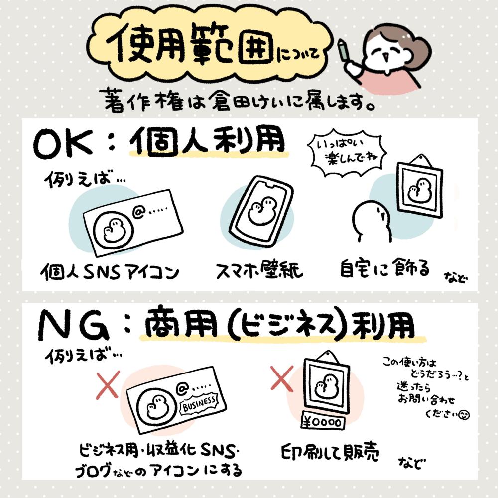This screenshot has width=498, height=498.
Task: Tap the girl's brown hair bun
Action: coord(419,51)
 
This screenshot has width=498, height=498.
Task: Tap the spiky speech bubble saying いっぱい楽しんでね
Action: coord(347,153)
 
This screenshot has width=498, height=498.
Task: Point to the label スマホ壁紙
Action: coord(259,271)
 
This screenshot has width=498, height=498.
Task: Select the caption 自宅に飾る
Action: coord(384,269)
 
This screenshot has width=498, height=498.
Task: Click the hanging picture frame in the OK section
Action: coord(420,187)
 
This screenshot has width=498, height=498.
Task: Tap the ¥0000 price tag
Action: coord(323,422)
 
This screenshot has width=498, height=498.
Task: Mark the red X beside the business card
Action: coord(108,384)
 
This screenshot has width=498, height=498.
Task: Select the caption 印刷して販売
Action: coord(330,452)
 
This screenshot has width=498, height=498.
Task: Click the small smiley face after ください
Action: coord(464,414)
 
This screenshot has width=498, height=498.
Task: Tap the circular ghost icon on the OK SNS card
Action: coord(113,229)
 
